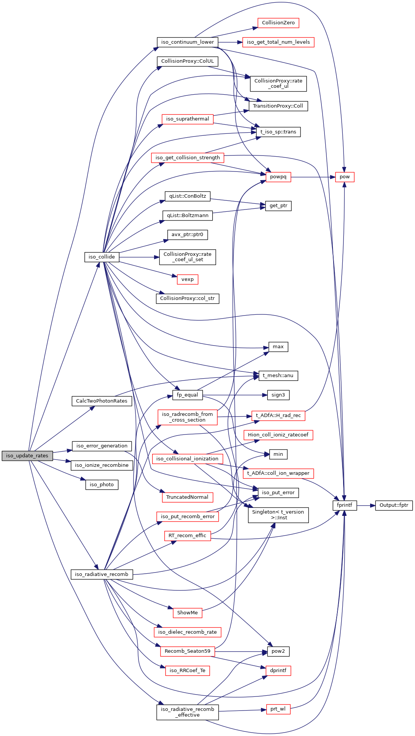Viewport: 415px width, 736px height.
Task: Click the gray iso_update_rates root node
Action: coord(27,455)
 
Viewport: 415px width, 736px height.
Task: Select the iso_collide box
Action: coord(102,257)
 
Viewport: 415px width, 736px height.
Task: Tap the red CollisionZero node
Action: coord(278,23)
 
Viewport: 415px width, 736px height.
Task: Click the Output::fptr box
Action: coord(394,505)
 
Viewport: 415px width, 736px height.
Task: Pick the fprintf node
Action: coord(345,505)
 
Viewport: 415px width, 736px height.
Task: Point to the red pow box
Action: coord(345,177)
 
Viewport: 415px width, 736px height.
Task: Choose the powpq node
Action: coord(278,177)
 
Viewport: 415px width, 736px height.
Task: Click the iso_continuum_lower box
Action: coord(188,42)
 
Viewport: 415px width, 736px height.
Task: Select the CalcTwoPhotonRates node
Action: coord(102,401)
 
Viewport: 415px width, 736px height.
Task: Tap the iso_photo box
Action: coord(102,484)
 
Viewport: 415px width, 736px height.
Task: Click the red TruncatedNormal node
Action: coord(187,497)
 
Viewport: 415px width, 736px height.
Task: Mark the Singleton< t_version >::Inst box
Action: coord(278,515)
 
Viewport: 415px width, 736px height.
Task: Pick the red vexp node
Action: coord(188,279)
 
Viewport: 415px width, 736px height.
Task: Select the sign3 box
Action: coord(278,395)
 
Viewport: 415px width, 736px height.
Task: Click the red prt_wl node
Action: coord(278,709)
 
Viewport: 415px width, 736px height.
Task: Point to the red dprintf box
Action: coord(278,670)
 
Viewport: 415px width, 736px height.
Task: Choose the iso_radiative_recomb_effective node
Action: coord(188,712)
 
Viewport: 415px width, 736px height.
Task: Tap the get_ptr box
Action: coord(278,206)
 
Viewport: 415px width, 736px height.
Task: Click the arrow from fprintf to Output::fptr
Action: coord(366,506)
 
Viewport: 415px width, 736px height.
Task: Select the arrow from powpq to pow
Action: coord(313,177)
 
